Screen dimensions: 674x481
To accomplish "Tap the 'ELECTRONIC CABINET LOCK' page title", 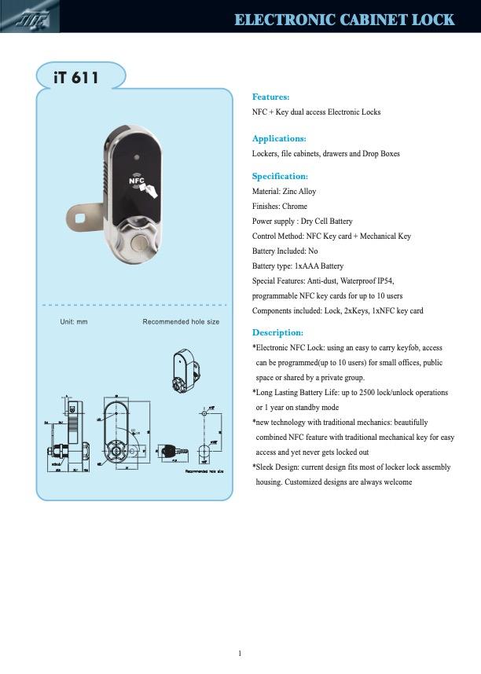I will [x=344, y=19].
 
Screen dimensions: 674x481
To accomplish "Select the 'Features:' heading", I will [x=270, y=97].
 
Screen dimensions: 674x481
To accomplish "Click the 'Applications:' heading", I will [x=278, y=138].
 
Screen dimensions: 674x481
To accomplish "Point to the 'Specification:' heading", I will [x=280, y=176].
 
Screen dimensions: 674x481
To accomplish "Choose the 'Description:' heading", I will [x=277, y=332].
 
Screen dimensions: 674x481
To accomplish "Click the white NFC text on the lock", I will [x=137, y=180].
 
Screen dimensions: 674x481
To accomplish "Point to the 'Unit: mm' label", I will [x=74, y=322].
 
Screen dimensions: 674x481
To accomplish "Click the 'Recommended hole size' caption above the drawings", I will [x=181, y=322].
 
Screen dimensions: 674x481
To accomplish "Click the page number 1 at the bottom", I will [x=240, y=654].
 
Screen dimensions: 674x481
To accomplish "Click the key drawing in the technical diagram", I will [x=171, y=450].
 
